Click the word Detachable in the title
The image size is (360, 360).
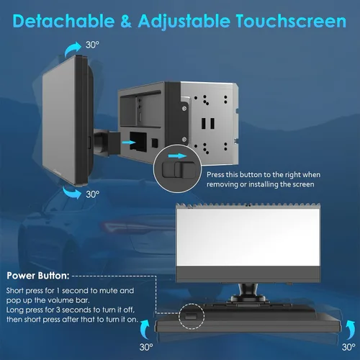(x=64, y=21)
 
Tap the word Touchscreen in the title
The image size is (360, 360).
(x=291, y=21)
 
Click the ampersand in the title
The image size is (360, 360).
(x=126, y=21)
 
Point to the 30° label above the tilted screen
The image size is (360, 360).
(x=92, y=45)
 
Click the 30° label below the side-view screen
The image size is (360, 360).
(x=93, y=194)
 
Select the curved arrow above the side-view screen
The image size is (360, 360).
(x=73, y=49)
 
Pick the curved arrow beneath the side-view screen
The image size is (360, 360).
(x=72, y=193)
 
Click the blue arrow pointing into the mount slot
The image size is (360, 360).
(x=129, y=143)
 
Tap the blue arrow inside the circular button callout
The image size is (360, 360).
(x=177, y=156)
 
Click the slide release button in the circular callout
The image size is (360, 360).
(x=179, y=170)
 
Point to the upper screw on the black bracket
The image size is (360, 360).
(x=184, y=109)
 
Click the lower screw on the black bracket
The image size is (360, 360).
(x=184, y=139)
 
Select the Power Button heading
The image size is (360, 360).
(x=38, y=276)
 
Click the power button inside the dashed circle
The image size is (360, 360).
(x=191, y=317)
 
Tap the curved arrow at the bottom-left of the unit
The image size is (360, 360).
(x=145, y=329)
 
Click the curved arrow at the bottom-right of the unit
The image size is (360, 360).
(x=350, y=330)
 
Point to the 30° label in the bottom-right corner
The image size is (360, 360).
(x=348, y=347)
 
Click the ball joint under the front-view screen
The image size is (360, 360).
(x=248, y=291)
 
